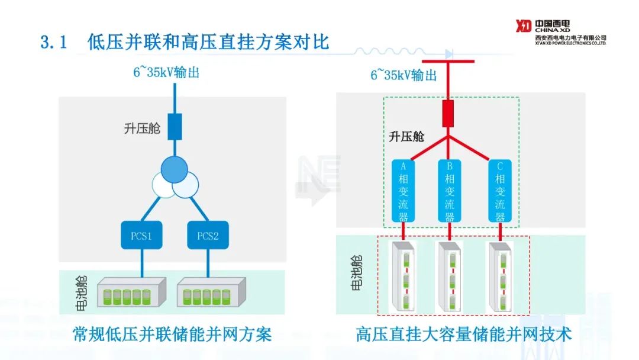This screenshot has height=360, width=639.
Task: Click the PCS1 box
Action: [x=142, y=236]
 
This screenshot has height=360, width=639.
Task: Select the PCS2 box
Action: [x=208, y=236]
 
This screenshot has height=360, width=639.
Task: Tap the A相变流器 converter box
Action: [x=404, y=190]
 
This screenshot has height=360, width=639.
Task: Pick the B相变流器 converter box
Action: [x=449, y=190]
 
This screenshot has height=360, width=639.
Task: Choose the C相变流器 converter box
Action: [x=500, y=190]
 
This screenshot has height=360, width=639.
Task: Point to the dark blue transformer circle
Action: [x=175, y=170]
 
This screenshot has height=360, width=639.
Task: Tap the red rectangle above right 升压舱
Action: [x=448, y=113]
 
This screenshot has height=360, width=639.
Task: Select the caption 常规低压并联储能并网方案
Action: [x=172, y=334]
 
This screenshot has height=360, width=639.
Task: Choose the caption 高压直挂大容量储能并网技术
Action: [x=464, y=334]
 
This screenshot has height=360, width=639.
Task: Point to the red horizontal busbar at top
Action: [x=448, y=62]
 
